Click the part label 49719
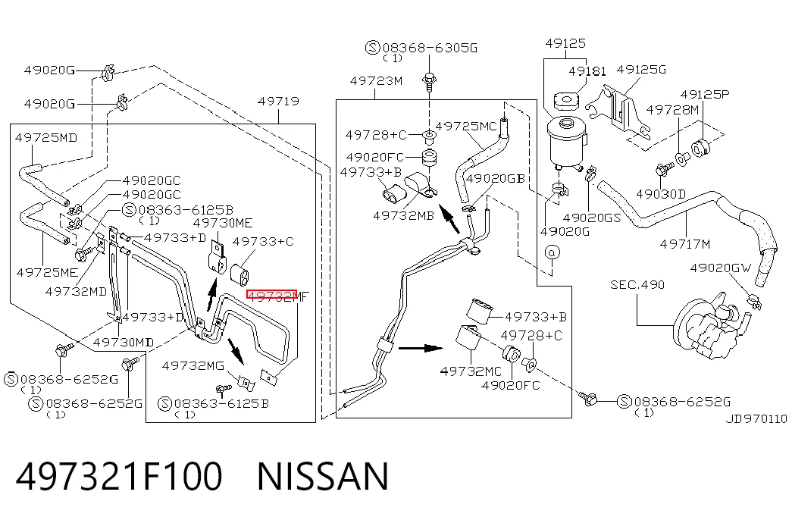pyautogui.click(x=278, y=101)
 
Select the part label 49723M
pyautogui.click(x=377, y=81)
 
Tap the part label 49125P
pyautogui.click(x=705, y=95)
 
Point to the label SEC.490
pyautogui.click(x=637, y=285)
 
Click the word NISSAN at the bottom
pyautogui.click(x=324, y=476)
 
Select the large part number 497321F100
pyautogui.click(x=119, y=476)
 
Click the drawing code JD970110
pyautogui.click(x=756, y=419)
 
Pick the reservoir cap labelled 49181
pyautogui.click(x=565, y=100)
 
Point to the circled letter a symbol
pyautogui.click(x=552, y=252)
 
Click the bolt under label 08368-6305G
pyautogui.click(x=429, y=81)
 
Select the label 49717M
pyautogui.click(x=685, y=244)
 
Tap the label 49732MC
pyautogui.click(x=471, y=371)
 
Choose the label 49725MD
pyautogui.click(x=46, y=137)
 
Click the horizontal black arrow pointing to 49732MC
pyautogui.click(x=420, y=348)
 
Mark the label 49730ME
pyautogui.click(x=223, y=223)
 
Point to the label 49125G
pyautogui.click(x=641, y=69)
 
